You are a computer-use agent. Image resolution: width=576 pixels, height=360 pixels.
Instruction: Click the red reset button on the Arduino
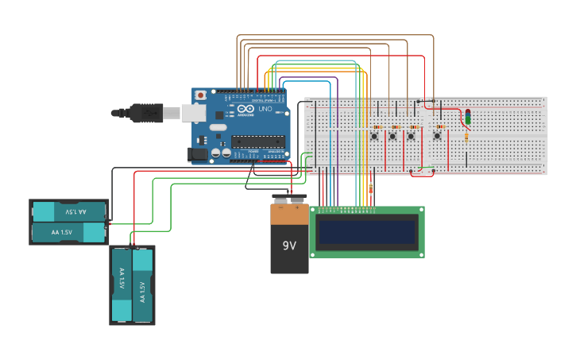point(200,95)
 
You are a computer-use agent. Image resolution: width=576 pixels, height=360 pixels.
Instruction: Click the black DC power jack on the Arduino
point(197,154)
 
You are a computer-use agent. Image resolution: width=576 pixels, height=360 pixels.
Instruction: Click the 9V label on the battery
point(288,246)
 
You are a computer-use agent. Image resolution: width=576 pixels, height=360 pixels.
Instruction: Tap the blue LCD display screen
point(367,232)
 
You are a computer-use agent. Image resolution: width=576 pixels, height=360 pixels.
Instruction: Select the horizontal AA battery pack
point(69,222)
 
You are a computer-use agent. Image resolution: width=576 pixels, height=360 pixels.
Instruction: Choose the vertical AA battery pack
point(132,285)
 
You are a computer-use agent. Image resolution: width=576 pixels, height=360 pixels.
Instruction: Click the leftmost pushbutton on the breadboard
point(374,137)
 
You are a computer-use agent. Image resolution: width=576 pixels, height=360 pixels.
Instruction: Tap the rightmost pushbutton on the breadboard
point(437,137)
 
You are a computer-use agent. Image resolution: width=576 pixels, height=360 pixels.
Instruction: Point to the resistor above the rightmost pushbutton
point(439,126)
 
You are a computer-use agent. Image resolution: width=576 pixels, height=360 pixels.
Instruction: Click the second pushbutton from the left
point(392,137)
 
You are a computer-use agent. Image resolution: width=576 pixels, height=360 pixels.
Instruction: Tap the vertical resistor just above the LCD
point(370,188)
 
